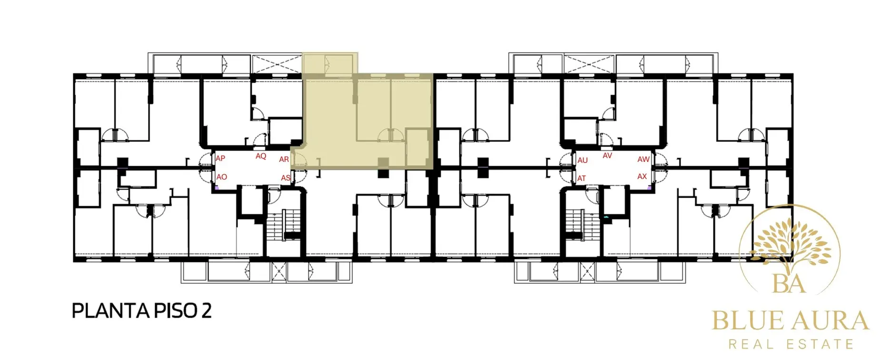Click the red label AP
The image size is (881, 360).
point(220,158)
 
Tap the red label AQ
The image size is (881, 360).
point(261,156)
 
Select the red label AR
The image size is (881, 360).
point(284,160)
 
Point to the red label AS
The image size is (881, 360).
point(286,178)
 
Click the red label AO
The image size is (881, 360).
point(222,177)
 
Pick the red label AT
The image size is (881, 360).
point(582,179)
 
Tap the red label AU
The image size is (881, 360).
point(583,160)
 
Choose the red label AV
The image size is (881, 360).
point(607,156)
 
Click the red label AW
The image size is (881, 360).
point(643,160)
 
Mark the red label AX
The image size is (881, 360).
point(642,177)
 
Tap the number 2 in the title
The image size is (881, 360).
point(206,311)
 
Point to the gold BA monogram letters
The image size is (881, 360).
point(789,284)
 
